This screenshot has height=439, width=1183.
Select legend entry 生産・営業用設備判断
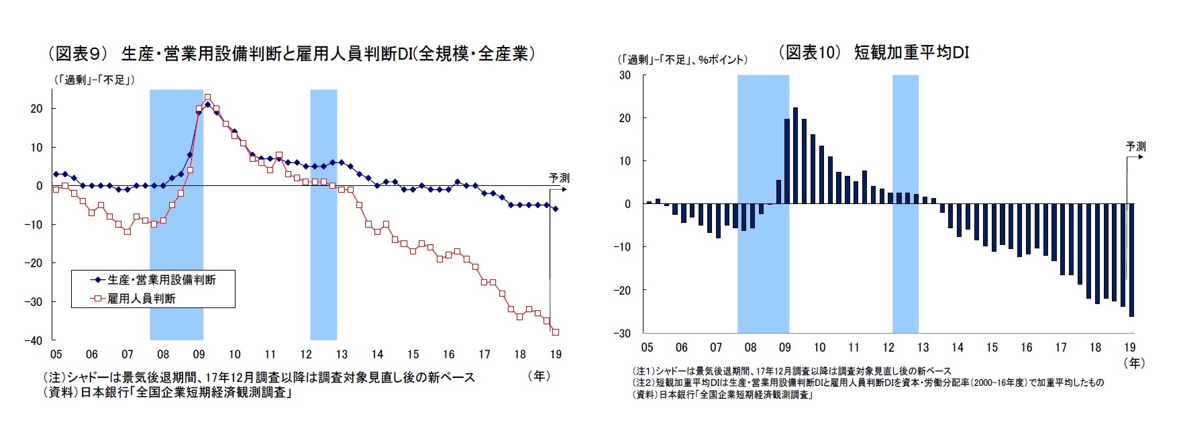pyautogui.click(x=161, y=280)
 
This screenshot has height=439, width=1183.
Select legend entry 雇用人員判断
pyautogui.click(x=141, y=299)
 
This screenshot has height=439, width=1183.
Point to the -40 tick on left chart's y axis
pyautogui.click(x=33, y=340)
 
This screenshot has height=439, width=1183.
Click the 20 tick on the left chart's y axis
pyautogui.click(x=36, y=109)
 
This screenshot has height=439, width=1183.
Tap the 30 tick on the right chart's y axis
pyautogui.click(x=624, y=75)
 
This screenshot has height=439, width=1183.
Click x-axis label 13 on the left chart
pyautogui.click(x=342, y=354)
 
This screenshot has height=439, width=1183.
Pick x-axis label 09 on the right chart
pyautogui.click(x=784, y=348)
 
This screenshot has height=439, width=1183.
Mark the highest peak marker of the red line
pyautogui.click(x=207, y=97)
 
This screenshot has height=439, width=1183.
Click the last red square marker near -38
pyautogui.click(x=556, y=332)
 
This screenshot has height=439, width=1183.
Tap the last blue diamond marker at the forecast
pyautogui.click(x=556, y=209)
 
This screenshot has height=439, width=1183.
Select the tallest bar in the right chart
pyautogui.click(x=795, y=156)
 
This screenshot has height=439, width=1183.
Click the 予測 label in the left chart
pyautogui.click(x=559, y=178)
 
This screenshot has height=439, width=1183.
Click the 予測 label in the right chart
pyautogui.click(x=1135, y=146)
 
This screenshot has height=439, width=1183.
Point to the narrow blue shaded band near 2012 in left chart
pyautogui.click(x=323, y=215)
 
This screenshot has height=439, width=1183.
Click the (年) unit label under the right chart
pyautogui.click(x=1134, y=363)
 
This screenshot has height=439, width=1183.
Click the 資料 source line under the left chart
pyautogui.click(x=168, y=393)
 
